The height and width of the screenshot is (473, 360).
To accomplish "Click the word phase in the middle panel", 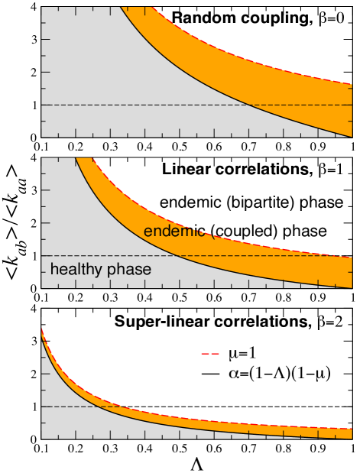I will [x=128, y=270].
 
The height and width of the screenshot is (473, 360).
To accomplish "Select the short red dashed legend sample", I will [x=210, y=354].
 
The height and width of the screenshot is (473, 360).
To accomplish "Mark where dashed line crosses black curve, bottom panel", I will [x=100, y=407].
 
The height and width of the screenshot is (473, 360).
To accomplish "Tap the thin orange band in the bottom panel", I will [x=229, y=426].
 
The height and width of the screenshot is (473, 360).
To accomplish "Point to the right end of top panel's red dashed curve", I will [x=352, y=83].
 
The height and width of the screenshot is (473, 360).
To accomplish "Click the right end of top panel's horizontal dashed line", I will [x=352, y=105].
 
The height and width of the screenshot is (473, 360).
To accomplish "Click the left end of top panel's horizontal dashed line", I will [x=42, y=105].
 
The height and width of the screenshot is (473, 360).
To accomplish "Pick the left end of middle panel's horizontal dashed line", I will [x=42, y=255].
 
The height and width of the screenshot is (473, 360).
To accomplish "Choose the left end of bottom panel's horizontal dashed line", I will [x=42, y=407].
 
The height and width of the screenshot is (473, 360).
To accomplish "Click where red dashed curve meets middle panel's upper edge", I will [x=92, y=158].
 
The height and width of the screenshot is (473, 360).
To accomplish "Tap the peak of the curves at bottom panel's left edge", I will [x=42, y=328].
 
